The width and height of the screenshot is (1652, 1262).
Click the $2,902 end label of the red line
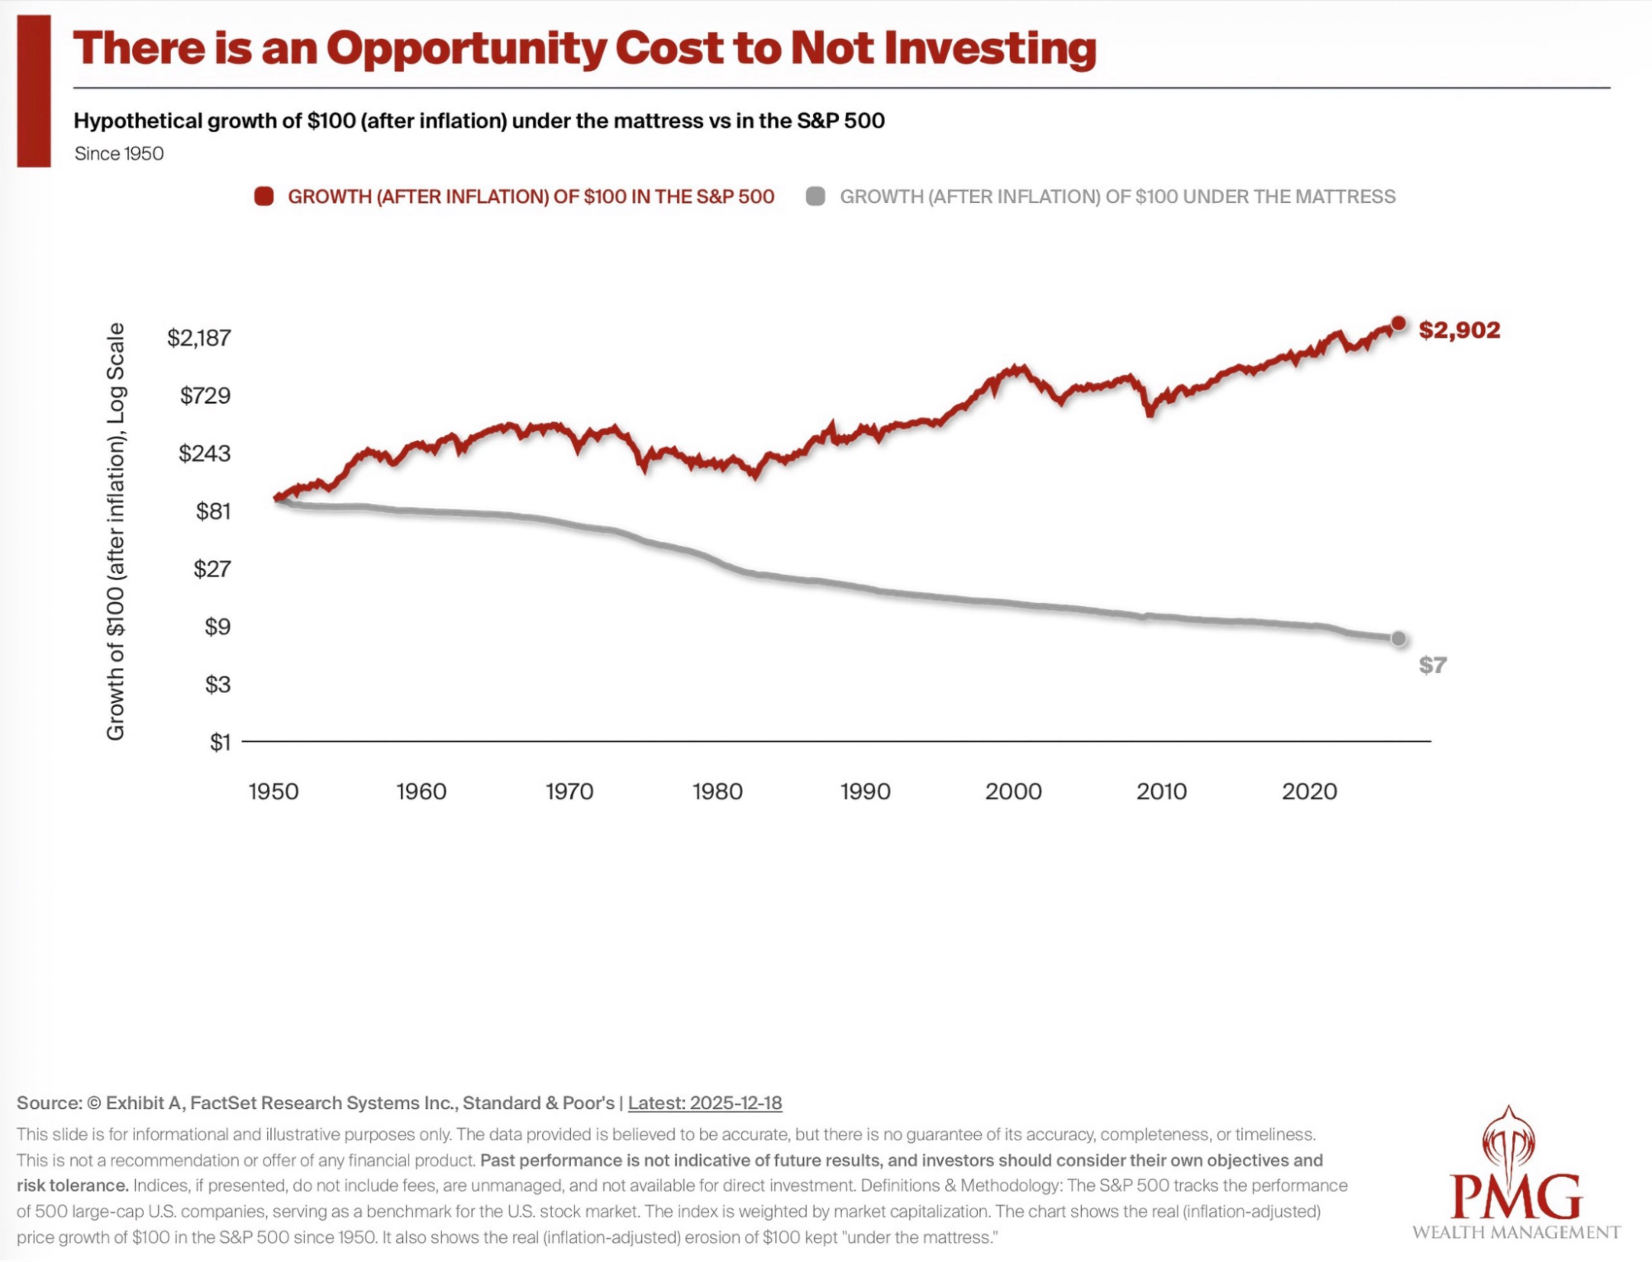tap(1459, 330)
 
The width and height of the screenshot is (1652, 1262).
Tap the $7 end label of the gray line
tap(1432, 665)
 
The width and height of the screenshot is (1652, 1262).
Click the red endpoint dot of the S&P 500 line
tap(1398, 324)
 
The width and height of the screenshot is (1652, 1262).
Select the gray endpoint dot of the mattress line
tap(1398, 638)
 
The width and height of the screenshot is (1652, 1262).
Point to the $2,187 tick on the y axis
tap(199, 338)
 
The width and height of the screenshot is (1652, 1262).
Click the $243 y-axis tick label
tap(205, 453)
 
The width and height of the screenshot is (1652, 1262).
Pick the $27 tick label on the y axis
tap(212, 569)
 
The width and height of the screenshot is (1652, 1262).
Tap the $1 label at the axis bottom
tap(220, 742)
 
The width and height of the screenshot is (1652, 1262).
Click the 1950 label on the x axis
tap(274, 791)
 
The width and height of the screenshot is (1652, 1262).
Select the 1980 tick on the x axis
tap(717, 791)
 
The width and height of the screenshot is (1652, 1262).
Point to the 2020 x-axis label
tap(1309, 791)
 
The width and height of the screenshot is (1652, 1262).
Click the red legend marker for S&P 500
tap(264, 197)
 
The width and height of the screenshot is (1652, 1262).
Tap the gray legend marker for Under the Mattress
tap(816, 197)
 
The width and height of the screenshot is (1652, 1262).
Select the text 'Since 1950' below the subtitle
tap(119, 154)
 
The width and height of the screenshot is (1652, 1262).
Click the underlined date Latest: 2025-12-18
tap(705, 1103)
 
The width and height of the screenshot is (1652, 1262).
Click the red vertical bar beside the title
tap(34, 91)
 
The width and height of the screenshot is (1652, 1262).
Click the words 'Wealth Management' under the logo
tap(1516, 1232)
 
